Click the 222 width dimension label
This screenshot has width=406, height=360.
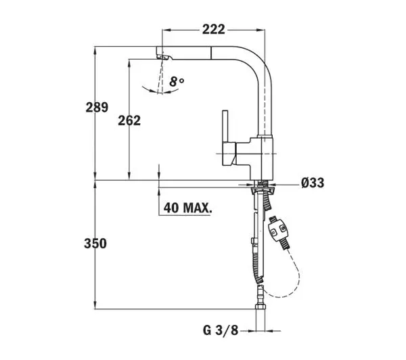[x=214, y=30]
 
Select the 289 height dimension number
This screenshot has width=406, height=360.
[x=97, y=107]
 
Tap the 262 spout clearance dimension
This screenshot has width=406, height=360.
[x=129, y=120]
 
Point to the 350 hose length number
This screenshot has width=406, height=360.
[x=95, y=244]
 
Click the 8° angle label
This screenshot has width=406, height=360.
[x=177, y=82]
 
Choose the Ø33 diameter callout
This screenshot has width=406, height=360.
[x=313, y=183]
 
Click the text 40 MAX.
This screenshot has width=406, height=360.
[x=187, y=208]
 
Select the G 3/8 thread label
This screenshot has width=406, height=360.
[x=221, y=330]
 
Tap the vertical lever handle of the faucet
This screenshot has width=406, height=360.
[x=225, y=127]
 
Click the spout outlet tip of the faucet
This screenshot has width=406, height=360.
[x=162, y=55]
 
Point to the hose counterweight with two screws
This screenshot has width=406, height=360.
[x=277, y=229]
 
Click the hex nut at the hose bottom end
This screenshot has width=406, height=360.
[x=261, y=307]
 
